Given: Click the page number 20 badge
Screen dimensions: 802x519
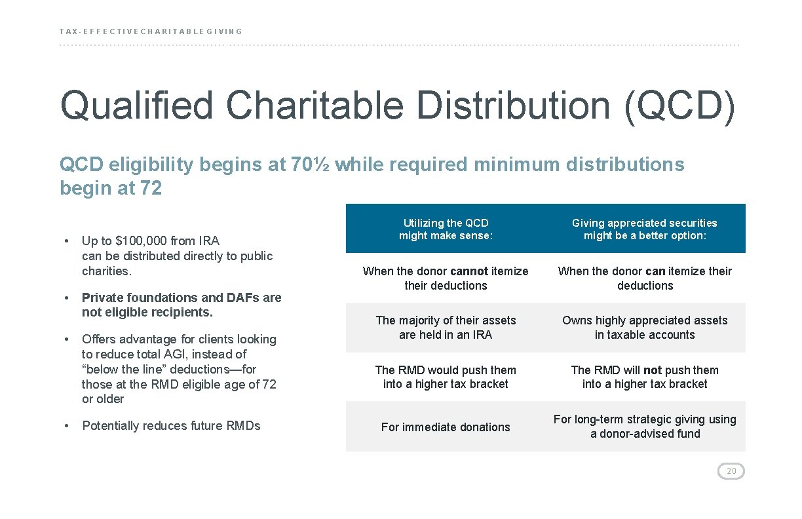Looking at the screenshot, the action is click(731, 471).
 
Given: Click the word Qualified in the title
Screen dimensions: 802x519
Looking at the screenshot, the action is click(137, 106).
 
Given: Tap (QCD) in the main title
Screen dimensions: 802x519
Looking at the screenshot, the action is click(680, 106).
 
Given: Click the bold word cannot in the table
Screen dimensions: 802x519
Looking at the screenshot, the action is click(469, 271).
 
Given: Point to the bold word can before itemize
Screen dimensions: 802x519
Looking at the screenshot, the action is click(655, 271).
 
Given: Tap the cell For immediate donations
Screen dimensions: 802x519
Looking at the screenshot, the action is click(446, 427).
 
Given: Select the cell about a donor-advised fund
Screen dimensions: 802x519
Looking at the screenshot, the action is click(645, 426).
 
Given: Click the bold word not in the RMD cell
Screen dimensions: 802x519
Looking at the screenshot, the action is click(653, 370).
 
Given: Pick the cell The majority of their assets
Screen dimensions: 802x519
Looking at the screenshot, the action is click(446, 328).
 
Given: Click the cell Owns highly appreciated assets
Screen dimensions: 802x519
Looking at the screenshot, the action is click(645, 328).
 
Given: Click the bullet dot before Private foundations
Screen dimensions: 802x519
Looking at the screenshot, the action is click(67, 298).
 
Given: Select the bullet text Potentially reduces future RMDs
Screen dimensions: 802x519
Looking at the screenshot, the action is click(171, 425).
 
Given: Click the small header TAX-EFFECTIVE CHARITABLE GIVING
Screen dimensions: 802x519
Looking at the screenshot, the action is click(151, 31).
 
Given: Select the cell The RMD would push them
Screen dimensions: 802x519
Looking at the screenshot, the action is click(446, 377).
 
